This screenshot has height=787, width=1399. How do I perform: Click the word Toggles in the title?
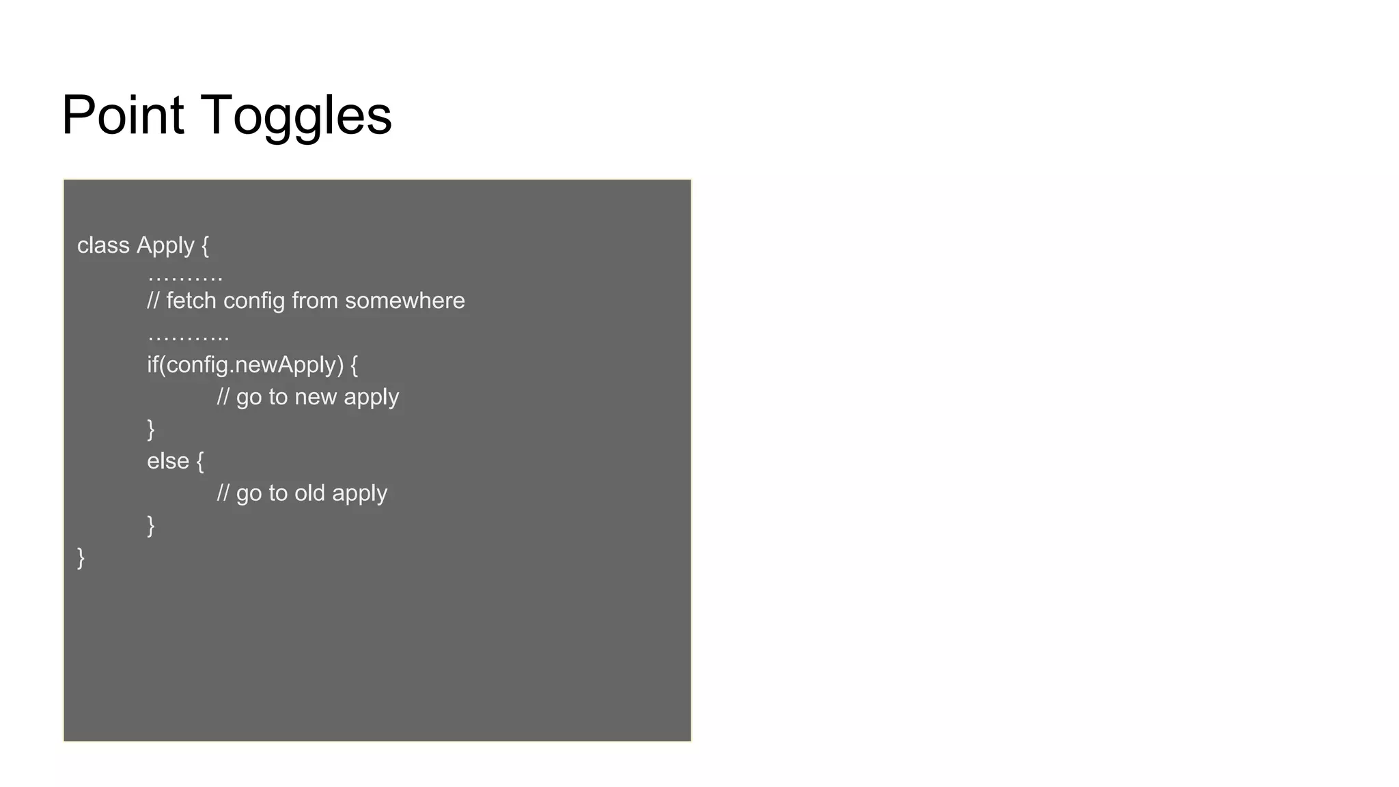tap(296, 116)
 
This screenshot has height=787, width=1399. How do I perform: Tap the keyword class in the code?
tap(103, 245)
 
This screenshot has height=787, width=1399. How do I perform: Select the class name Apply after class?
tap(165, 246)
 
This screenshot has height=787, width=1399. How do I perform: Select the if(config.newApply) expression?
tap(245, 365)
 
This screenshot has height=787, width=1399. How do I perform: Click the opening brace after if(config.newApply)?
tap(354, 365)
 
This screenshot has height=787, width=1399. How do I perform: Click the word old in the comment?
tap(309, 493)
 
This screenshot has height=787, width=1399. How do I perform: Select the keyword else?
tap(167, 460)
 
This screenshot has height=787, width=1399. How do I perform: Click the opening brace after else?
tap(200, 461)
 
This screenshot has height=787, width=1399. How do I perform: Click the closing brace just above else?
tap(151, 429)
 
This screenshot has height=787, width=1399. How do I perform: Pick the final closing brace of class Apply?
tap(81, 557)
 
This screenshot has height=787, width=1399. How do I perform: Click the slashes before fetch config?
tap(153, 301)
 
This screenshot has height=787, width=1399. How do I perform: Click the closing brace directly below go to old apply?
tap(151, 525)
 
